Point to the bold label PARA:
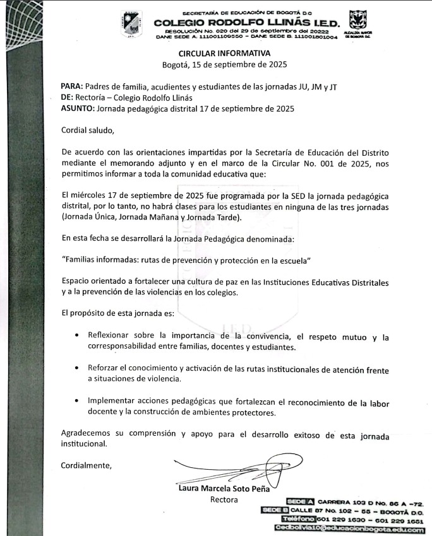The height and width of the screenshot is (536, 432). (x=71, y=86)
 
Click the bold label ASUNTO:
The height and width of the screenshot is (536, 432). (x=77, y=108)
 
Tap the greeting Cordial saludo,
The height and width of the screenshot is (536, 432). (x=88, y=131)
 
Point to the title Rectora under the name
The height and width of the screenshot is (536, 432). (x=224, y=499)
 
